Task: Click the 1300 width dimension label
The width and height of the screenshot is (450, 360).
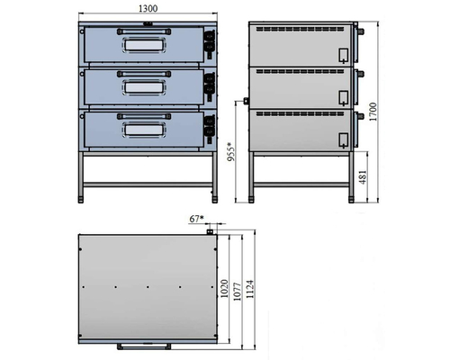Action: [148, 8]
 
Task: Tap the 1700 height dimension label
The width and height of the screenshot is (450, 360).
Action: [373, 112]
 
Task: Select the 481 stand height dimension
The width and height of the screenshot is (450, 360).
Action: [363, 177]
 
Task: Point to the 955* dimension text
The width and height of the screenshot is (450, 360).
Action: [230, 152]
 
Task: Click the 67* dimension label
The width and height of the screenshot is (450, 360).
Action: [196, 219]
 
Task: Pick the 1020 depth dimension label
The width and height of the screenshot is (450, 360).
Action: [224, 289]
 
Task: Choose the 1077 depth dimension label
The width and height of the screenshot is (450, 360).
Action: [237, 292]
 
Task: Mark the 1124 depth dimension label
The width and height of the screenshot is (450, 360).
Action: [250, 289]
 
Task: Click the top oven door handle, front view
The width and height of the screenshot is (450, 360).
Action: [144, 31]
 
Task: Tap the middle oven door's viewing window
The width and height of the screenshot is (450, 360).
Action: [144, 87]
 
